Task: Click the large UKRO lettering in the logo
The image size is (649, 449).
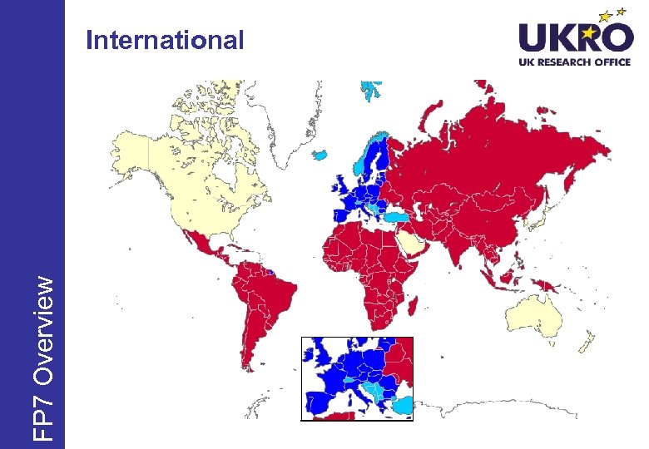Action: tap(574, 38)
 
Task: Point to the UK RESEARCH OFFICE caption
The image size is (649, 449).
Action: tap(575, 62)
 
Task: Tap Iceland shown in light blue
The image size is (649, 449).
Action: tap(318, 155)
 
